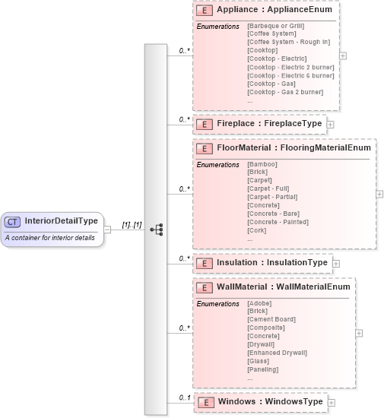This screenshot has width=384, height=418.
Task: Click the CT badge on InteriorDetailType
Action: (x=12, y=221)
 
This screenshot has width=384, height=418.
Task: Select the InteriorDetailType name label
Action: (x=61, y=221)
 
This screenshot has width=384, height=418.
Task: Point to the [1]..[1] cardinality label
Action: (x=132, y=225)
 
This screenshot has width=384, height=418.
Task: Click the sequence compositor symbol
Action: (x=156, y=229)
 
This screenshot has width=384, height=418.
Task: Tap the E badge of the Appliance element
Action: (x=204, y=11)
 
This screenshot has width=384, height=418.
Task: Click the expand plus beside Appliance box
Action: (x=344, y=55)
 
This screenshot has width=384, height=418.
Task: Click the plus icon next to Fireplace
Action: (x=331, y=124)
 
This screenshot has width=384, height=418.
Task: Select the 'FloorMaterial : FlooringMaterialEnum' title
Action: (x=294, y=148)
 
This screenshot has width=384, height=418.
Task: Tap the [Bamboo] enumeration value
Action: (x=262, y=164)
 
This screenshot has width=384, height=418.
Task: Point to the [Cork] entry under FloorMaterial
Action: (x=258, y=230)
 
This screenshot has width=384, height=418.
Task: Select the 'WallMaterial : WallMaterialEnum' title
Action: (x=283, y=287)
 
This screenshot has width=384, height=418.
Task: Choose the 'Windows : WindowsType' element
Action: (x=269, y=401)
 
